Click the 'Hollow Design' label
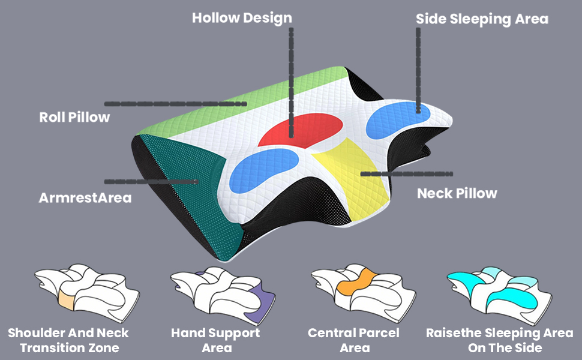pyautogui.click(x=242, y=18)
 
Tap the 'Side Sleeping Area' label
pyautogui.click(x=482, y=19)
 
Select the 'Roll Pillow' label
pyautogui.click(x=75, y=117)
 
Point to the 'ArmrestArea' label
pyautogui.click(x=85, y=197)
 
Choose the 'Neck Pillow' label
pyautogui.click(x=457, y=193)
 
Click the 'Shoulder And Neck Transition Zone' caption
pyautogui.click(x=68, y=340)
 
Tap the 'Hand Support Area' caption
pyautogui.click(x=215, y=340)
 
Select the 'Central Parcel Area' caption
pyautogui.click(x=353, y=340)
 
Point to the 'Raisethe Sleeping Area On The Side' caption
pyautogui.click(x=499, y=340)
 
